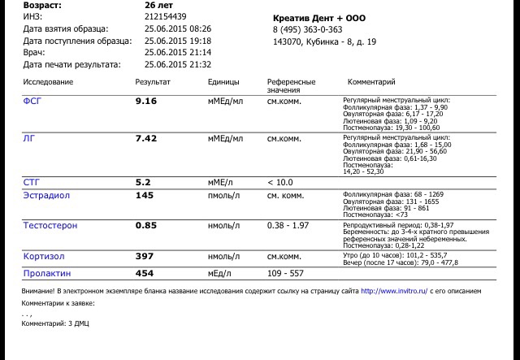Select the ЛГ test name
click(x=28, y=139)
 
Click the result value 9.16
click(x=145, y=103)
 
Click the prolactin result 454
click(x=144, y=273)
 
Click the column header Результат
click(x=152, y=83)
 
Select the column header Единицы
click(x=223, y=83)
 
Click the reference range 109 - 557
click(x=284, y=273)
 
